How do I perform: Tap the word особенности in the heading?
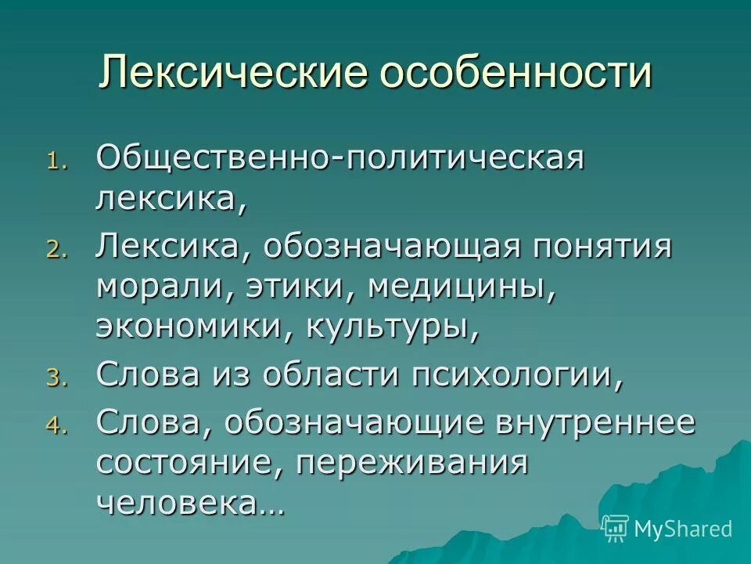[517, 74]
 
